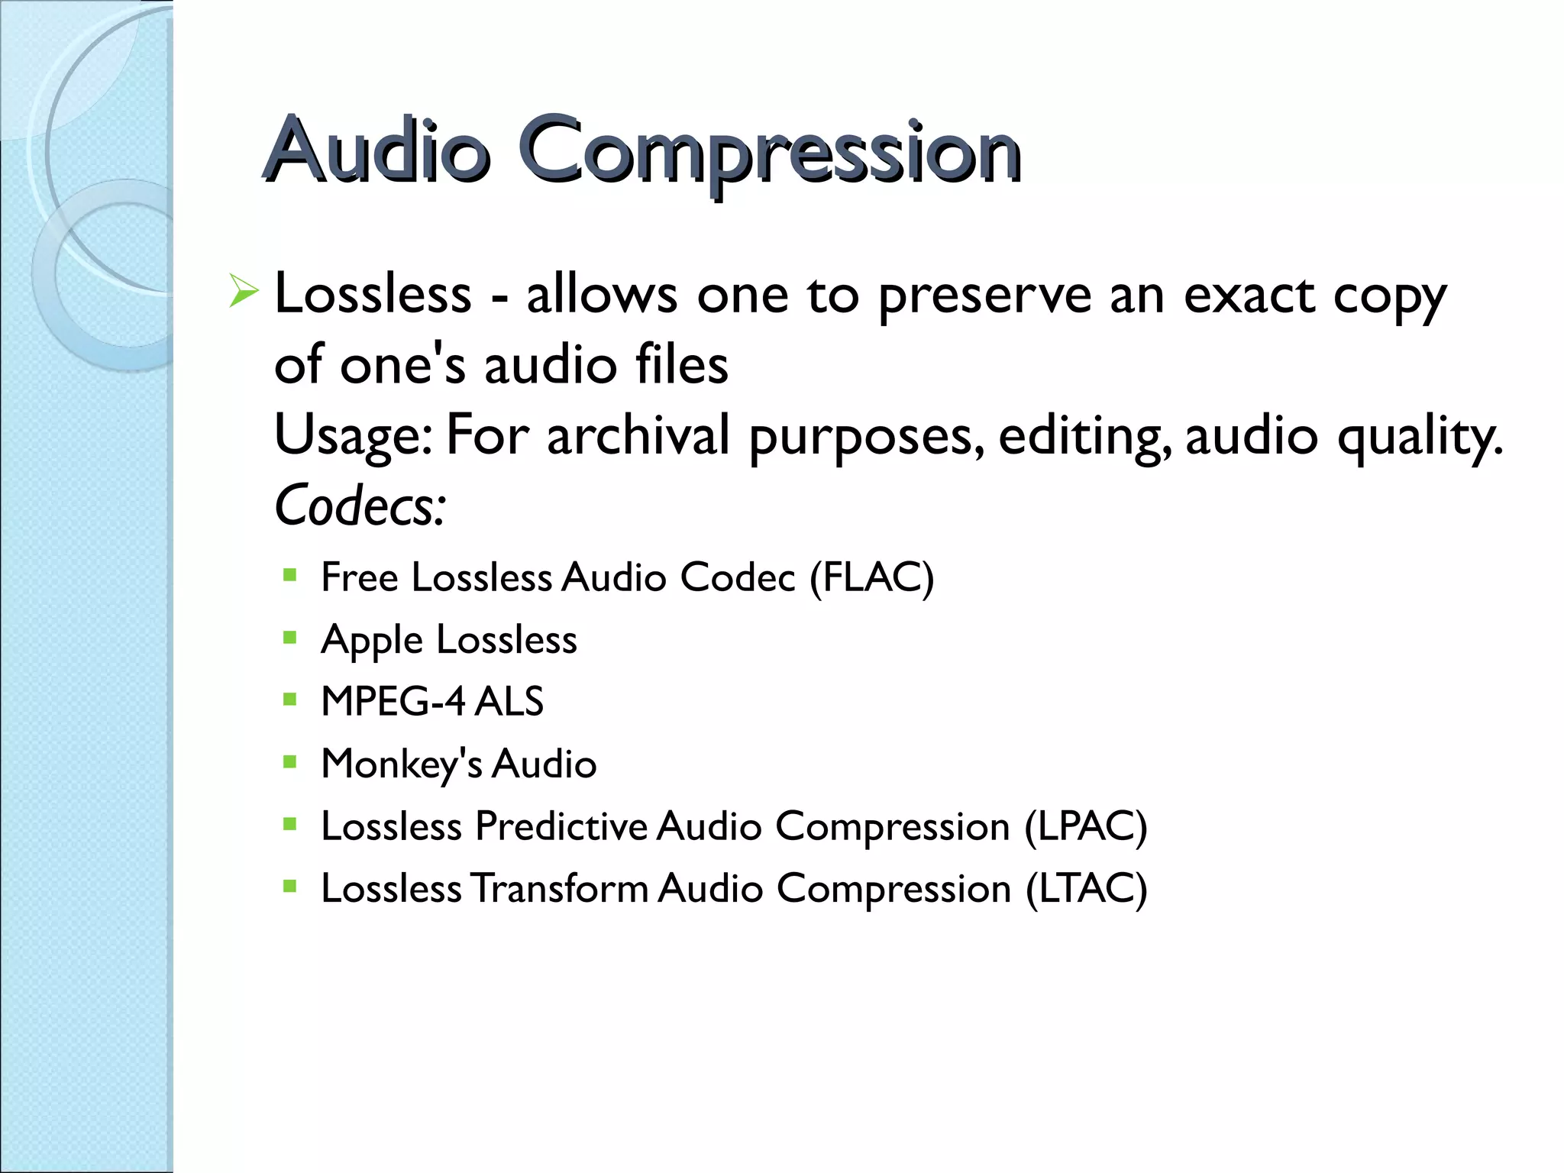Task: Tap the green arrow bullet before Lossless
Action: click(x=244, y=292)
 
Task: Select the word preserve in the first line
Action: click(x=984, y=296)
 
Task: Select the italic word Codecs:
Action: click(x=360, y=506)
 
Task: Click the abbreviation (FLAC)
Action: click(x=871, y=577)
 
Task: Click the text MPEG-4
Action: click(x=393, y=701)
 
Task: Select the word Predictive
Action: click(x=561, y=826)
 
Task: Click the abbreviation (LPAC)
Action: click(x=1085, y=827)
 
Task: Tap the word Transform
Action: click(x=560, y=889)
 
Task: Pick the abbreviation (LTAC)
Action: click(x=1086, y=890)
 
